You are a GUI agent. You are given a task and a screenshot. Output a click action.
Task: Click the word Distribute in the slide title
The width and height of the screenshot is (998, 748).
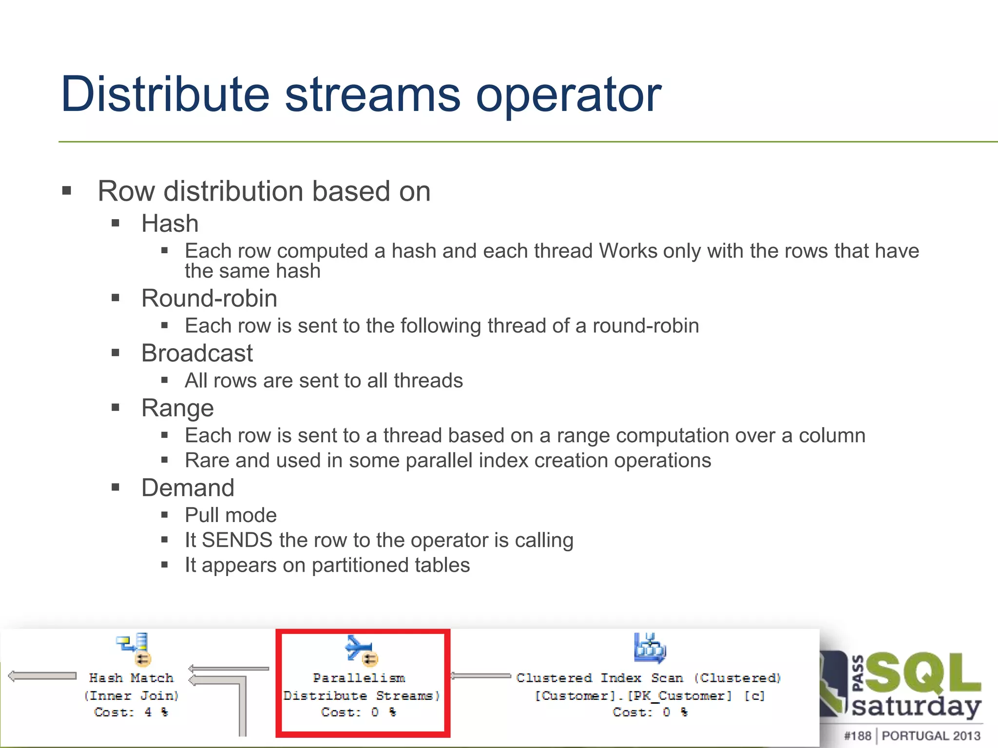[165, 94]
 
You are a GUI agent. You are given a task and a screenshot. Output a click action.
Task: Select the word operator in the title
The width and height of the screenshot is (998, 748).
[568, 94]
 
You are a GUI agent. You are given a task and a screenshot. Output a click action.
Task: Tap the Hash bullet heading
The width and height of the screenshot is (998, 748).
[170, 224]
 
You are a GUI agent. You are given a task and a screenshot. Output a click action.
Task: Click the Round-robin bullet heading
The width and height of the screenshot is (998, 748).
[209, 298]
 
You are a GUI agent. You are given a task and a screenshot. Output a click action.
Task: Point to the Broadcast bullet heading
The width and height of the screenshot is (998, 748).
[197, 353]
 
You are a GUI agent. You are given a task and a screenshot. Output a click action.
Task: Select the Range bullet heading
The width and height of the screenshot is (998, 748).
[177, 408]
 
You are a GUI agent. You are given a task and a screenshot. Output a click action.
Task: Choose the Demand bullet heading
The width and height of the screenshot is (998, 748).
[188, 487]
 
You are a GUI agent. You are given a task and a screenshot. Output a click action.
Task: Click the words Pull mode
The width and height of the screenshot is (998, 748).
[230, 515]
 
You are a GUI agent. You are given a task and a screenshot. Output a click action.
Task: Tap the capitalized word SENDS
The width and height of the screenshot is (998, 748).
[237, 540]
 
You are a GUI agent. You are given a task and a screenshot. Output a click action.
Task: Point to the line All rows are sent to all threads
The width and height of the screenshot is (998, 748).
[324, 380]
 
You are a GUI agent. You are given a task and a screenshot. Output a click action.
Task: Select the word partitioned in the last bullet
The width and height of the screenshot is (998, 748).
[360, 565]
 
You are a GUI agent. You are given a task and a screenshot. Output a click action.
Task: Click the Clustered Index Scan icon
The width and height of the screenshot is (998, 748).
[650, 648]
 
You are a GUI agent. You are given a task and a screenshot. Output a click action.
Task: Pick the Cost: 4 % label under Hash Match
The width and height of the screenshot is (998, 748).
[131, 712]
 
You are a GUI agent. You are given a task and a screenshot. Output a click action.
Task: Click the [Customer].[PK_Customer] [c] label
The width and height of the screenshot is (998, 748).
[649, 695]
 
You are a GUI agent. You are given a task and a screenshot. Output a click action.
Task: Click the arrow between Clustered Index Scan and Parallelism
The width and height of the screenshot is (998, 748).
[480, 675]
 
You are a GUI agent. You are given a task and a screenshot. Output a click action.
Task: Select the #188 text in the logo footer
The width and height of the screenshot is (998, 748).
[857, 735]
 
